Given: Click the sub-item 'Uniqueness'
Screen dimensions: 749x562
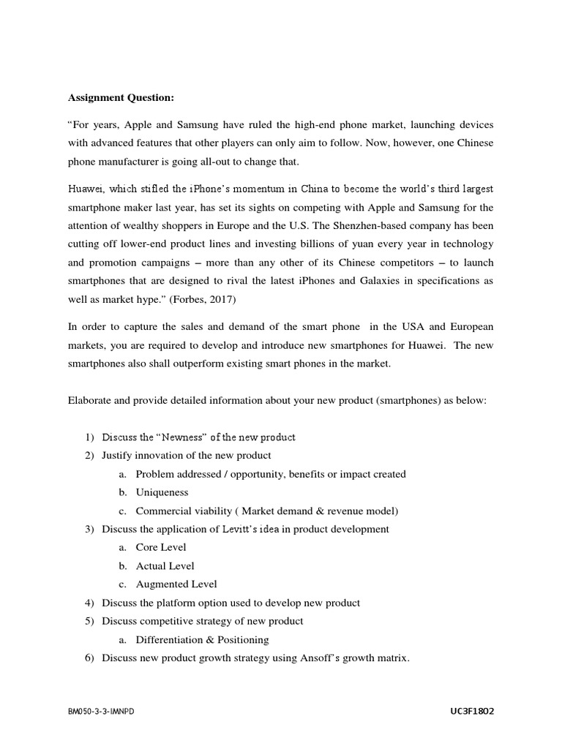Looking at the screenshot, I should [x=162, y=492].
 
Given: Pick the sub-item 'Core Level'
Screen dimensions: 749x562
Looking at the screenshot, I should [x=161, y=547].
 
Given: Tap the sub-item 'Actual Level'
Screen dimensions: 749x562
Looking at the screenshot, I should [x=165, y=565].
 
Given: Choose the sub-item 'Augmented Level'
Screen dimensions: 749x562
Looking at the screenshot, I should [x=176, y=584].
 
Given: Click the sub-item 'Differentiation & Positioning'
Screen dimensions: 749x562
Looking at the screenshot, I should [x=202, y=639].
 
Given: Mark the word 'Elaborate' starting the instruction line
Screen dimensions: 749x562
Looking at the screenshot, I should [x=89, y=400].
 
